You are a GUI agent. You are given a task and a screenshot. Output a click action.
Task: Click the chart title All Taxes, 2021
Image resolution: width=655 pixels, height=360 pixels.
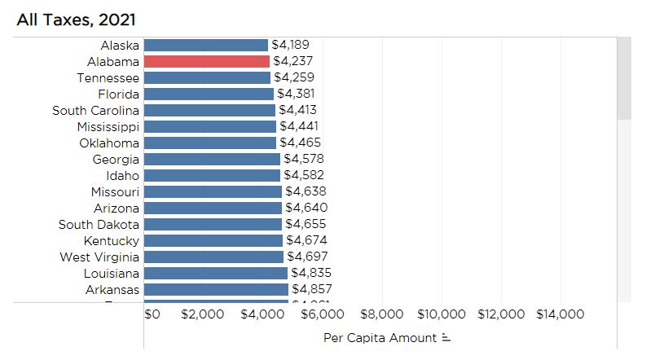(x=76, y=19)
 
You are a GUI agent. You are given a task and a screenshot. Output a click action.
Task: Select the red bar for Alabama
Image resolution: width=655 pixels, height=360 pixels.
(x=207, y=61)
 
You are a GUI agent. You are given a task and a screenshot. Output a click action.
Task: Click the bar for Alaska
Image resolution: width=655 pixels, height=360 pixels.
(x=206, y=45)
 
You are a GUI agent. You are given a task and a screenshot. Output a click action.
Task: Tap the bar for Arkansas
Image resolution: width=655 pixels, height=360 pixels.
(x=217, y=289)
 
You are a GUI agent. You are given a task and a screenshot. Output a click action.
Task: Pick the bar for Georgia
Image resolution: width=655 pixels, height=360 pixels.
(x=213, y=159)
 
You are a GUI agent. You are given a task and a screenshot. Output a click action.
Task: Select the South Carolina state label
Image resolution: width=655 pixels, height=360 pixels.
(x=95, y=110)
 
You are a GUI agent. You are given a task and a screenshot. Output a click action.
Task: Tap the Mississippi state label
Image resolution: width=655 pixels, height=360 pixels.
(x=108, y=126)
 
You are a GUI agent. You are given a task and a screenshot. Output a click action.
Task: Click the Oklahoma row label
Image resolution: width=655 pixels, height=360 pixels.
(x=109, y=143)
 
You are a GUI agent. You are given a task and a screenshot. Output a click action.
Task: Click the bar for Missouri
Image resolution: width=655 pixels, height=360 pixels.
(x=213, y=191)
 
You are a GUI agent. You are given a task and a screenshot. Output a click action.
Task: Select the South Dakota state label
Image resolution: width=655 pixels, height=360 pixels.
(x=99, y=224)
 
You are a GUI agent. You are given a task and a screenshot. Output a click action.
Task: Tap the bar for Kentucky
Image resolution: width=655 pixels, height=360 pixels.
(x=214, y=240)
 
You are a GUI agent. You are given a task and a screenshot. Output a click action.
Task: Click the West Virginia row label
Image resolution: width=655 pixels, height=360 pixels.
(x=99, y=257)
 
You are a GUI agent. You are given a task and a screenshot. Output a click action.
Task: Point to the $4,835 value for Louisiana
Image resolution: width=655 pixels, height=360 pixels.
(x=311, y=273)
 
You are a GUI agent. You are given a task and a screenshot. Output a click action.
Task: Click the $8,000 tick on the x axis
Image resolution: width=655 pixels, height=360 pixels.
(x=381, y=314)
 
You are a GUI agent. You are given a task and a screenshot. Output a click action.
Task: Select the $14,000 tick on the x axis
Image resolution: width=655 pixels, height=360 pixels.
(x=560, y=314)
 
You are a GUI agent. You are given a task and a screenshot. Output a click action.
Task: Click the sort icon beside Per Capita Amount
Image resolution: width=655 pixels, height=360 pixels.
(x=446, y=337)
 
